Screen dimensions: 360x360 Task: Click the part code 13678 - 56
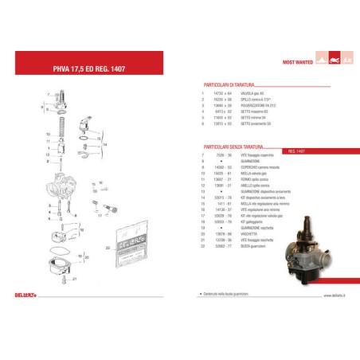[222, 233]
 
